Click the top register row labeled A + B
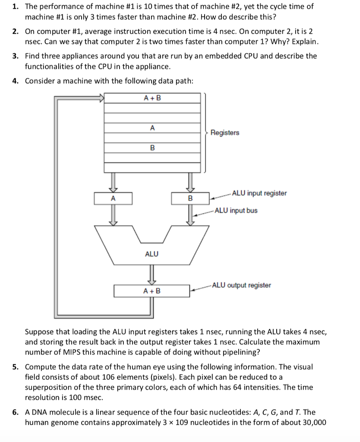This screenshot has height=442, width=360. coord(152,98)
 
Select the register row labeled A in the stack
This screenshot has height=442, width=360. coord(152,128)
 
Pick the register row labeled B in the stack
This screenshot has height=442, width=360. coord(152,148)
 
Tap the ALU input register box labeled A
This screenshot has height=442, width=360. coord(114,199)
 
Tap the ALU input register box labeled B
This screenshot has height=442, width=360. coord(189,199)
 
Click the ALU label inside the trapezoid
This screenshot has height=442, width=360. coord(152,254)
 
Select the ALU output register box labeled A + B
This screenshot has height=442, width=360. coord(152,291)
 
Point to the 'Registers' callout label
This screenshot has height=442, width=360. coord(224,133)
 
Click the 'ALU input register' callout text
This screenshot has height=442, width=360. coord(259,193)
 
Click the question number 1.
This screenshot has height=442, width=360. coord(15,6)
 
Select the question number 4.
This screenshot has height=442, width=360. coord(15,81)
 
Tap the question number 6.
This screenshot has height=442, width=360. coord(15,412)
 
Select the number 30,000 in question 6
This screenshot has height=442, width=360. coord(312,423)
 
